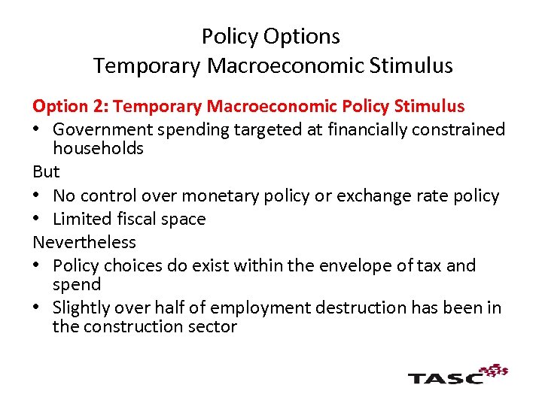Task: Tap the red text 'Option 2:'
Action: (x=71, y=107)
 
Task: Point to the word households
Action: (x=98, y=149)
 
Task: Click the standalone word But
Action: (x=46, y=171)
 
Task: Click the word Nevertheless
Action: (x=84, y=242)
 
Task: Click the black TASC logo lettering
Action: (x=445, y=376)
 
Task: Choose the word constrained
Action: (x=461, y=129)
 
